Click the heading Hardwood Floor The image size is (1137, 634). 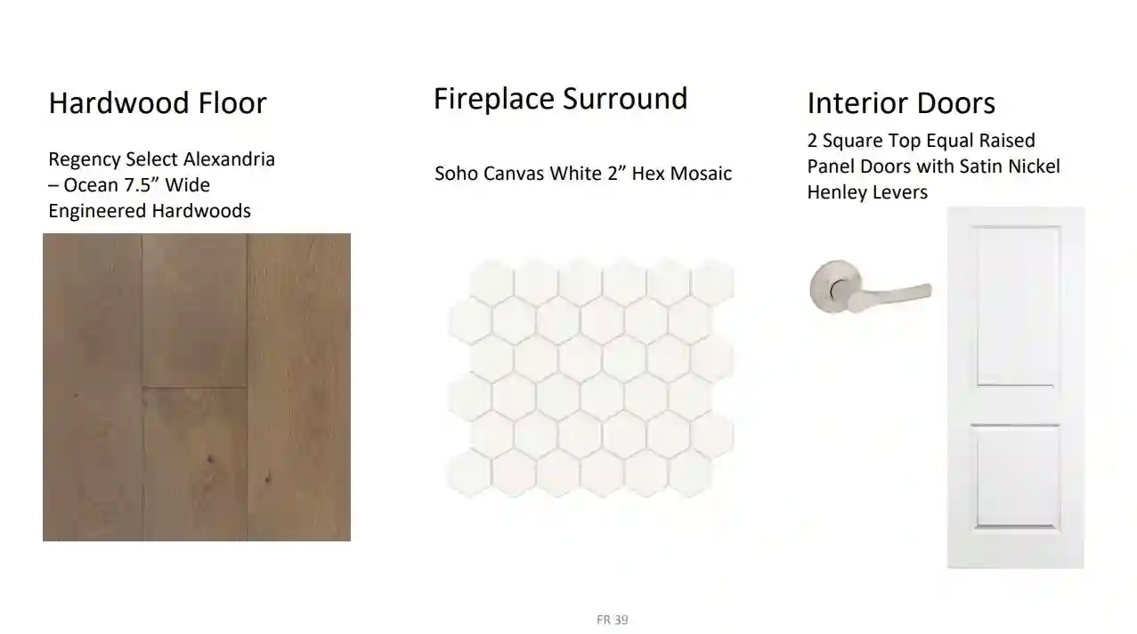point(158,103)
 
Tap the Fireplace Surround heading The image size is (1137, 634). point(560,99)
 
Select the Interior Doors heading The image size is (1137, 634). point(901,103)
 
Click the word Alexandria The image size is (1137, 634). point(229,159)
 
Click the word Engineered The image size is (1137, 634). point(97,212)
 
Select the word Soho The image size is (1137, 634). point(456,174)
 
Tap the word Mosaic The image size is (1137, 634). point(701,174)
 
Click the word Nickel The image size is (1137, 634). point(1034,167)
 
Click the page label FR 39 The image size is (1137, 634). point(613,620)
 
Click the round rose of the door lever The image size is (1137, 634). point(836,287)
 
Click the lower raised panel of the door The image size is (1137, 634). point(1016,477)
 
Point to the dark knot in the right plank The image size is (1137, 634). point(267,477)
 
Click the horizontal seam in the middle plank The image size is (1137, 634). point(194,387)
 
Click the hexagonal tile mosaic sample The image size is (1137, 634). point(590,378)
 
